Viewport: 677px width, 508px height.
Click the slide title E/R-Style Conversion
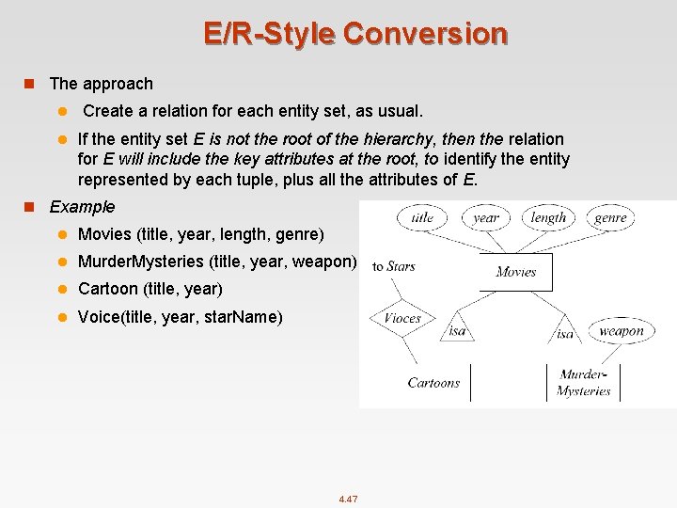355,34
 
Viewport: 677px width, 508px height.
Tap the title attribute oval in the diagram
422,217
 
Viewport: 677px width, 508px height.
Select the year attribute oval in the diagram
486,217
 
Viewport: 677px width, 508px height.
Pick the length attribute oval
548,217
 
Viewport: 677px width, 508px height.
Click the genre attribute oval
610,217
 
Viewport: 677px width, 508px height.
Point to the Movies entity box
515,272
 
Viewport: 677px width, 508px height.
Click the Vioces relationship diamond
402,318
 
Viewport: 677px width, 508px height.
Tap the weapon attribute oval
621,330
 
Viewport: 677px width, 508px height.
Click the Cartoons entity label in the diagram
433,383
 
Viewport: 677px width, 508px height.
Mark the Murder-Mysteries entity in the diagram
583,383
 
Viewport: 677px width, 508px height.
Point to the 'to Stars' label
393,266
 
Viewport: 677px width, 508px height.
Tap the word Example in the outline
82,206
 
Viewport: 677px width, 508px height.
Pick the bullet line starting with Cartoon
150,289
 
